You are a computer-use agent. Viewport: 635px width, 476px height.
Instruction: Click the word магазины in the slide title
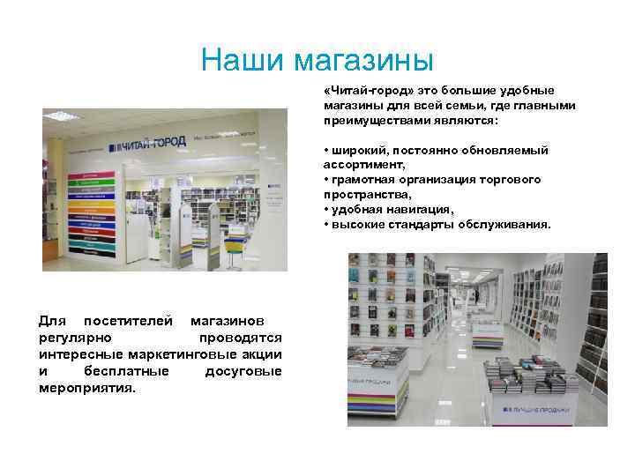pyautogui.click(x=363, y=61)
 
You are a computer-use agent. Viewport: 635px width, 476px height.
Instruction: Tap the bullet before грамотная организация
pyautogui.click(x=326, y=180)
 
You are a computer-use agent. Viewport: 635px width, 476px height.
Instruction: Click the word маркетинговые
pyautogui.click(x=187, y=354)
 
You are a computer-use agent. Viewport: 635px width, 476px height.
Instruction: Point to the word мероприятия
pyautogui.click(x=86, y=387)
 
